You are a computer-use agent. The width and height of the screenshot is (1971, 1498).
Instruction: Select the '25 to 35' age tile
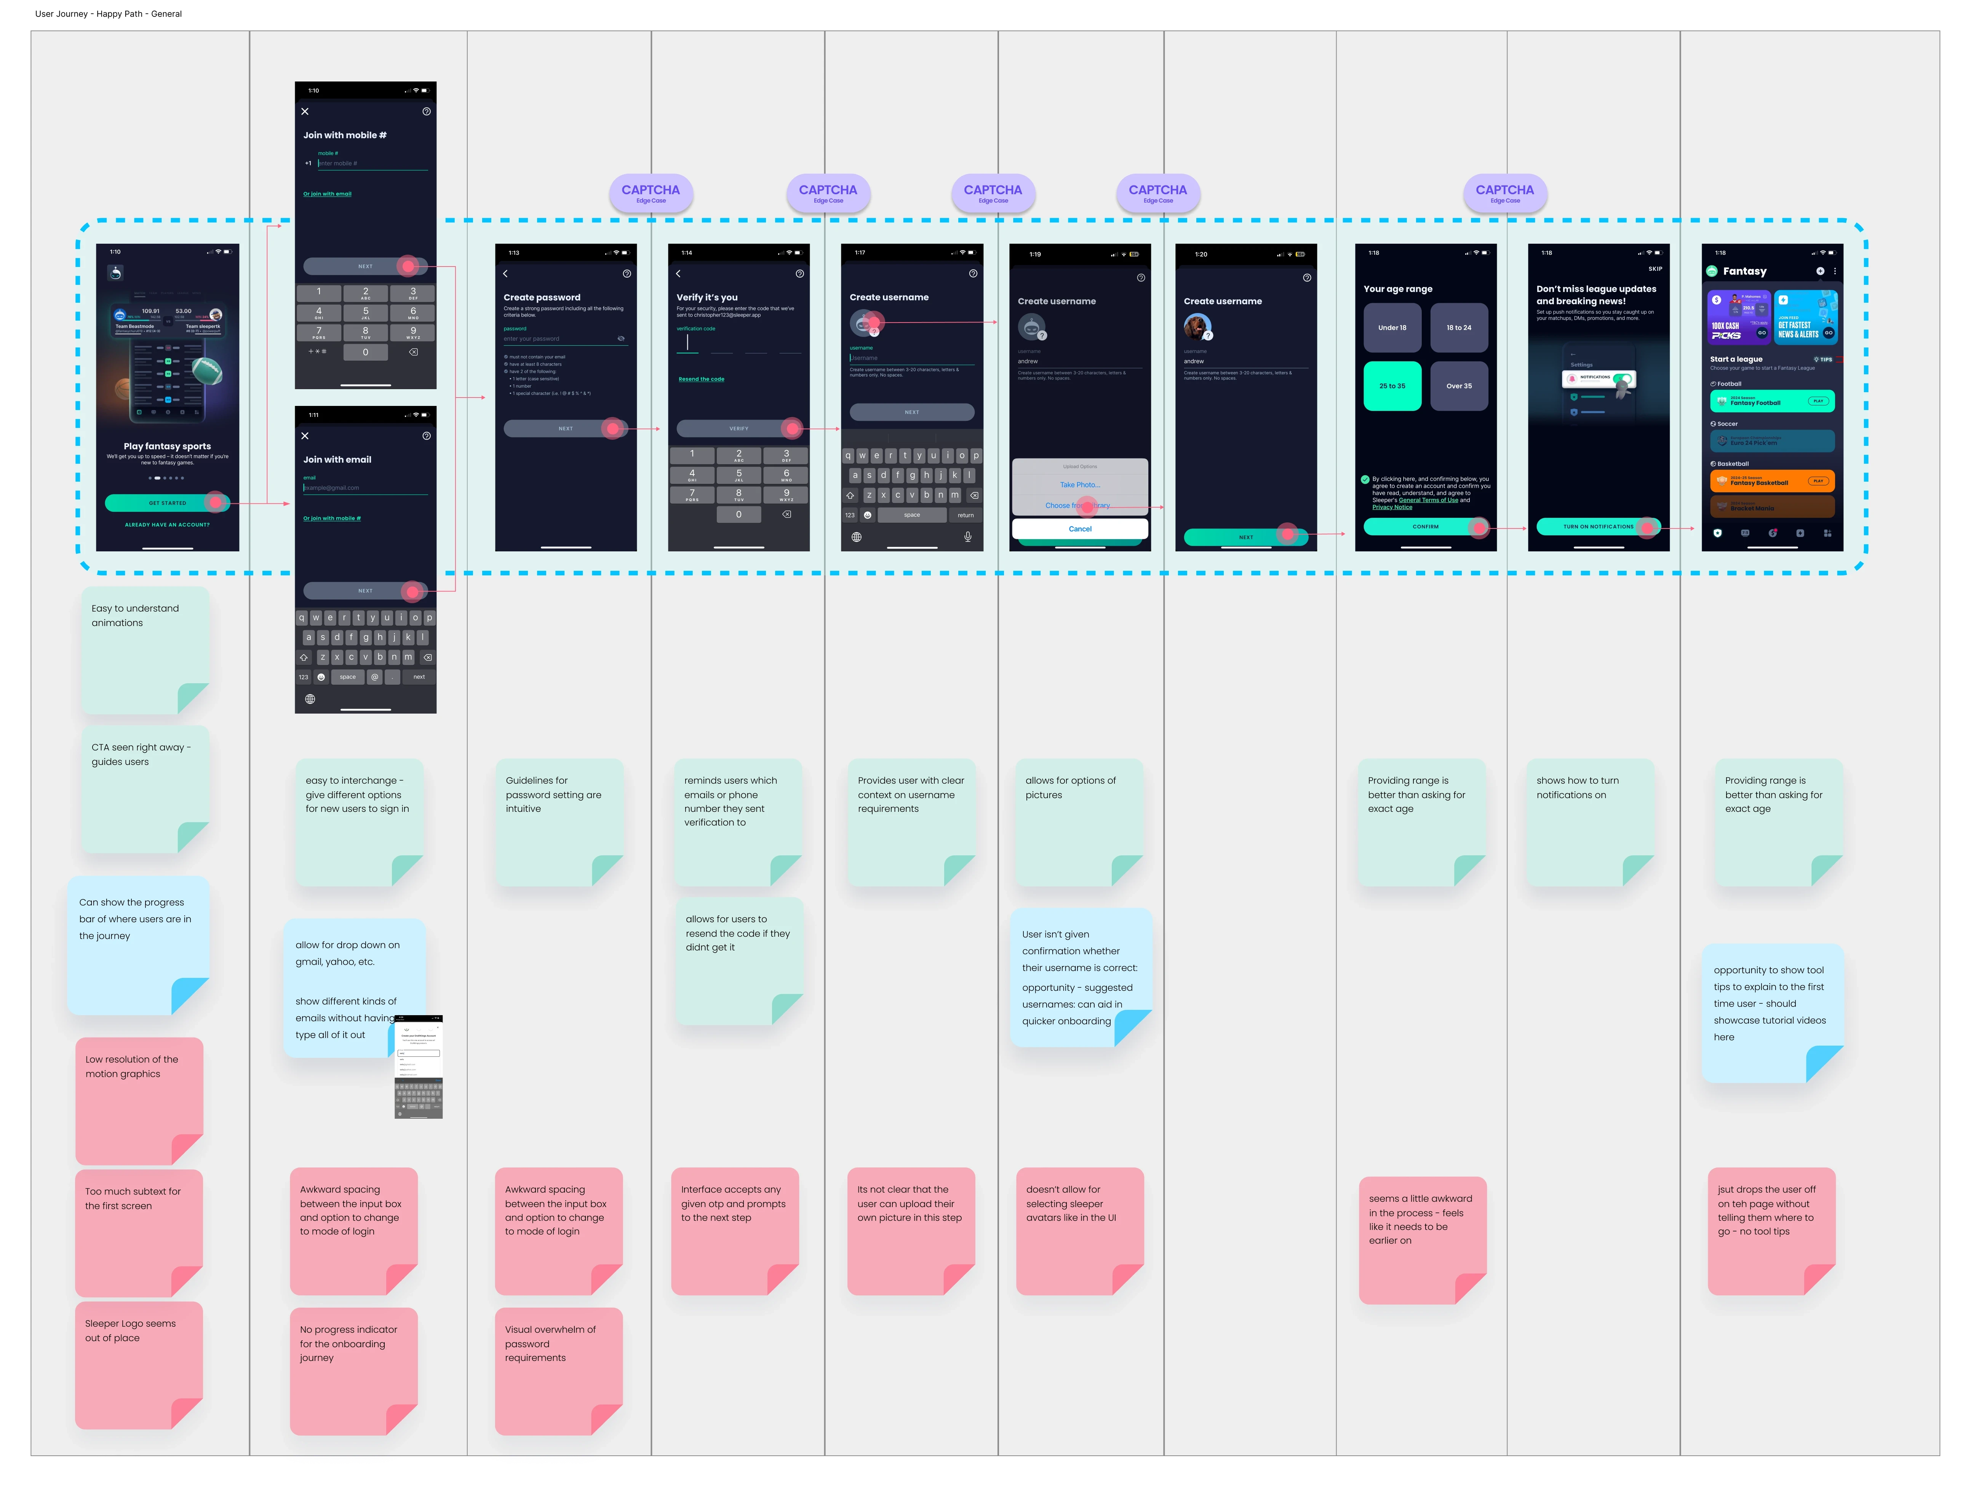[x=1392, y=386]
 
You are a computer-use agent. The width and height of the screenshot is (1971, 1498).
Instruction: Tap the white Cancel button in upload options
[x=1080, y=529]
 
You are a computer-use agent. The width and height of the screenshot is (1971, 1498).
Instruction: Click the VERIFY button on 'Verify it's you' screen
[x=739, y=429]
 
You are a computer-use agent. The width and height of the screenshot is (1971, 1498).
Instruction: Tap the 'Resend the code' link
[x=701, y=379]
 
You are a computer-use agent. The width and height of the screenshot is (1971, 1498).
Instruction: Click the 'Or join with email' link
[x=327, y=193]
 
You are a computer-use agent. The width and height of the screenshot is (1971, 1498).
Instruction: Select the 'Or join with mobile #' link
[x=332, y=518]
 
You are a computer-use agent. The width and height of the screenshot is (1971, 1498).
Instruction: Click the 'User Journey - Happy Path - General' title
[x=109, y=14]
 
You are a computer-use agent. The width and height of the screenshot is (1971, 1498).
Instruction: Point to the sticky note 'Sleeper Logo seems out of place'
[x=138, y=1364]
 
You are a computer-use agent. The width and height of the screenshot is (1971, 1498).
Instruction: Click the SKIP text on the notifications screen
[x=1655, y=268]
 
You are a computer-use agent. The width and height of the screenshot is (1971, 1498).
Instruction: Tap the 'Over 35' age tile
[x=1459, y=386]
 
